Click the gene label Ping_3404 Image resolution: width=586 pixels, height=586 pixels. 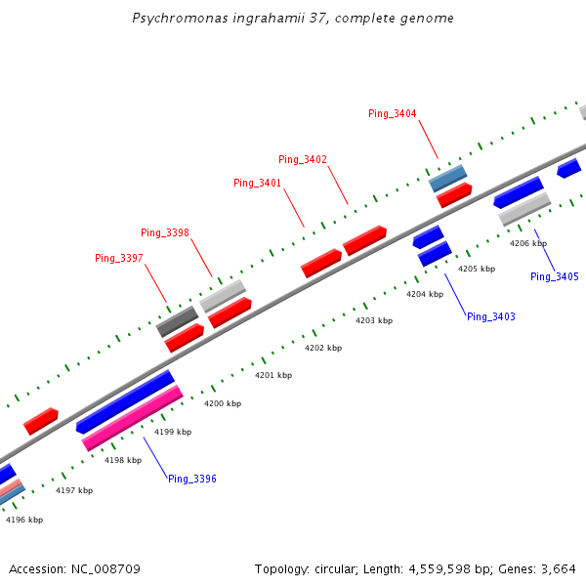[393, 114]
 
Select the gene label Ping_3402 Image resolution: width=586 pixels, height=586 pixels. [303, 159]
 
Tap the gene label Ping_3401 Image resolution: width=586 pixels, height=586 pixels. [257, 183]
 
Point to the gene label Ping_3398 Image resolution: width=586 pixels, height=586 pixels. [165, 232]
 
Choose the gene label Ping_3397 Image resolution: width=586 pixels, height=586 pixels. [119, 258]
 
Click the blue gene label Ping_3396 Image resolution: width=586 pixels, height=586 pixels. [192, 479]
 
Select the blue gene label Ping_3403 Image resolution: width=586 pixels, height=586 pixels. [491, 316]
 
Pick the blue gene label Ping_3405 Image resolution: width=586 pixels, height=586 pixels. [555, 276]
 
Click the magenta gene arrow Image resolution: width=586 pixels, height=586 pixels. [133, 417]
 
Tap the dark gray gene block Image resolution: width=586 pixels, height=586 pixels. [177, 321]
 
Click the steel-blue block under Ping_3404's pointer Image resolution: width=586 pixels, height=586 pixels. [448, 178]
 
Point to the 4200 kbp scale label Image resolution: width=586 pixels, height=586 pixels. [224, 403]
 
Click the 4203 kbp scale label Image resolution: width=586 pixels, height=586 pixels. [374, 320]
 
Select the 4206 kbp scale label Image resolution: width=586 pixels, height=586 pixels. [528, 243]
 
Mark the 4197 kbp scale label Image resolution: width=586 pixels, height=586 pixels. [74, 490]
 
